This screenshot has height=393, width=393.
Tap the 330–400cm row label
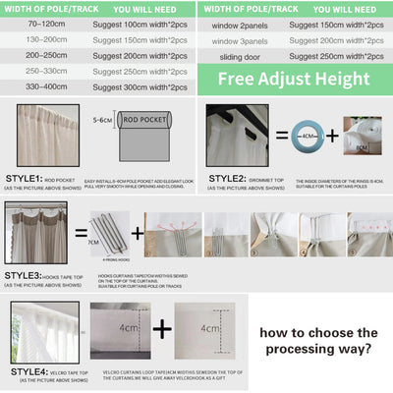[x=40, y=87]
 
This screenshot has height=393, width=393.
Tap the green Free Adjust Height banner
[x=296, y=80]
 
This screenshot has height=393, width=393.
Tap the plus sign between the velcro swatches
[x=159, y=328]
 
